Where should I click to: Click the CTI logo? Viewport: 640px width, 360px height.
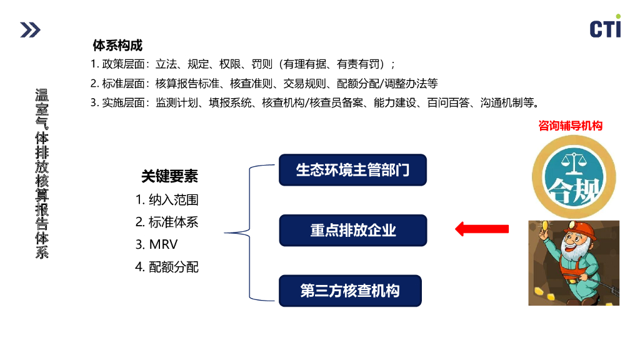(x=605, y=27)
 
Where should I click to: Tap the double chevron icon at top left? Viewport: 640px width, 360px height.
(x=29, y=29)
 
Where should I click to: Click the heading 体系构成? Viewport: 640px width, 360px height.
(x=117, y=46)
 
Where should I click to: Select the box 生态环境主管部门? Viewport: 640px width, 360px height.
(x=352, y=170)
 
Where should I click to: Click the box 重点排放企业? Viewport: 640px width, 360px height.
(x=352, y=230)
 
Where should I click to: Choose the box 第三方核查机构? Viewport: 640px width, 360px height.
(x=350, y=291)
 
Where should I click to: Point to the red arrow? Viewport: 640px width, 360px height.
(x=481, y=229)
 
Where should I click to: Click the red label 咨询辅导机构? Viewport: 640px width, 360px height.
(x=570, y=126)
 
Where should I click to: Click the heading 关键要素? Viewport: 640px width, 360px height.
(x=169, y=177)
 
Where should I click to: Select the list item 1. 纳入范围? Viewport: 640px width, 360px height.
(x=167, y=200)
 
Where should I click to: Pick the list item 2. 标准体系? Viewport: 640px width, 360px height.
(x=167, y=222)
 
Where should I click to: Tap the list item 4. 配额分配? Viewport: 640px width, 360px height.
(x=167, y=267)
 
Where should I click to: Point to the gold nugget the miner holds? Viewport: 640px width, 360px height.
(x=544, y=224)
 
